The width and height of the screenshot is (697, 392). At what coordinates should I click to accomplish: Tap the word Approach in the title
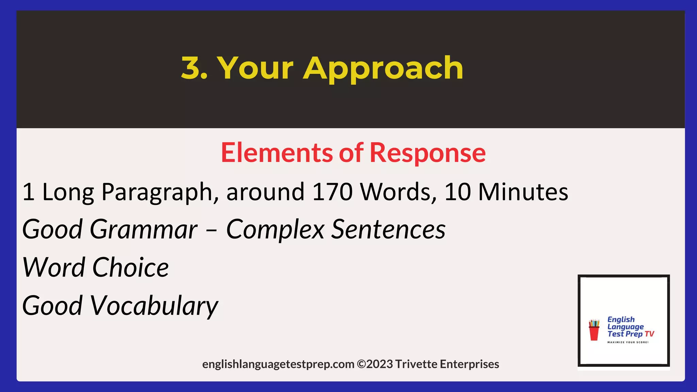click(383, 69)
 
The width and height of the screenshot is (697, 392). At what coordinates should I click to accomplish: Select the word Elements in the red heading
click(276, 153)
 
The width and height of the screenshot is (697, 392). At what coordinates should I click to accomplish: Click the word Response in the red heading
click(427, 153)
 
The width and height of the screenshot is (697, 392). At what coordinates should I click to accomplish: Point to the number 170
click(332, 192)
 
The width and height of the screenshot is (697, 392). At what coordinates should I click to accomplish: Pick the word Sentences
click(388, 229)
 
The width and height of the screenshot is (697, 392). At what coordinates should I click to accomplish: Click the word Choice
click(130, 267)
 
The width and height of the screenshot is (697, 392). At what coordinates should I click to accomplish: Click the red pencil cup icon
click(594, 330)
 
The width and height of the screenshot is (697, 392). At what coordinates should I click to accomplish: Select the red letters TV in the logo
click(649, 334)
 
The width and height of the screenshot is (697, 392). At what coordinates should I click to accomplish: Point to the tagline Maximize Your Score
click(628, 342)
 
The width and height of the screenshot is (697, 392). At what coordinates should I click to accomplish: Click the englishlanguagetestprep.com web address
click(278, 364)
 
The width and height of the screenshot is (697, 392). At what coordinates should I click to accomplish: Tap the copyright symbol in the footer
click(361, 364)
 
